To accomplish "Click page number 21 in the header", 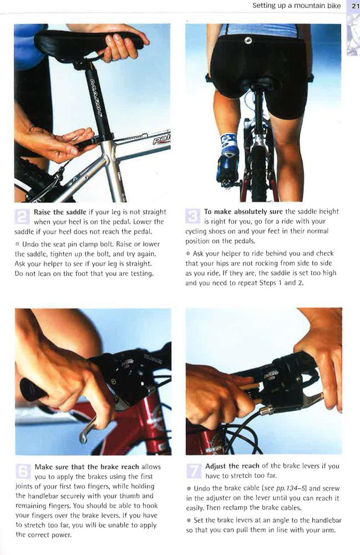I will [353, 6].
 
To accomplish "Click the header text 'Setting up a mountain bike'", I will [296, 6].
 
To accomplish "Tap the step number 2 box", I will [23, 216].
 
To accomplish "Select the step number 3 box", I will [193, 216].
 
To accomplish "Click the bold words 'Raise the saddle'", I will [60, 212].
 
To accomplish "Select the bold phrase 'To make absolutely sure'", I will [244, 212].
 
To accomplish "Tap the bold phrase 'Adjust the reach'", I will [232, 466].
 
